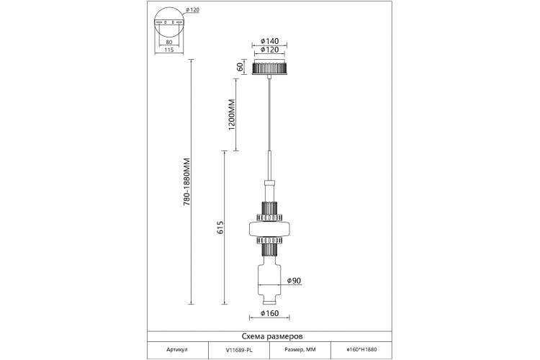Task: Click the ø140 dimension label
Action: click(270, 41)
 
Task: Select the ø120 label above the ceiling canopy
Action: click(270, 50)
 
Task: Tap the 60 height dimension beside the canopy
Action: click(240, 67)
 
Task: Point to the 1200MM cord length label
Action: click(231, 115)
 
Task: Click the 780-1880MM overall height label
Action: click(186, 182)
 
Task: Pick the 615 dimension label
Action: click(220, 228)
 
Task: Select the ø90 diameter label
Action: click(294, 281)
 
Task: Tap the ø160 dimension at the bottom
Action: click(270, 313)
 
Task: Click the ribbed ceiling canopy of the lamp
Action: click(270, 67)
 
